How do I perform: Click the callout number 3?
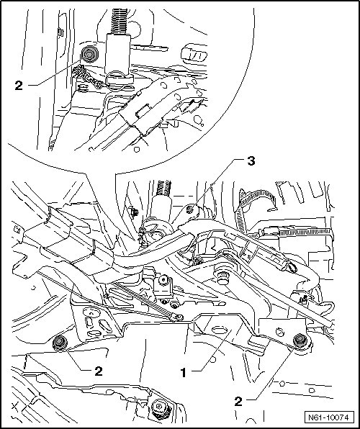tap(251, 161)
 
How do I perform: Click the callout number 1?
tap(184, 373)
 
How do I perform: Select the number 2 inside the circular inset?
tap(19, 86)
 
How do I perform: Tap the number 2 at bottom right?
tap(238, 402)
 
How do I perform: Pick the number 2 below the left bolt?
tap(99, 371)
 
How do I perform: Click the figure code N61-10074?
tap(329, 417)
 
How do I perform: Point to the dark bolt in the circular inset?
tap(89, 55)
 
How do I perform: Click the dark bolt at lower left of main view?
tap(60, 343)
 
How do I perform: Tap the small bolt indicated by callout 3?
tap(189, 210)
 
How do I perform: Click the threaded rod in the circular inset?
tap(119, 21)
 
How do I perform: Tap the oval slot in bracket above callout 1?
tap(220, 330)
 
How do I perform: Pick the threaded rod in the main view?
tap(163, 188)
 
